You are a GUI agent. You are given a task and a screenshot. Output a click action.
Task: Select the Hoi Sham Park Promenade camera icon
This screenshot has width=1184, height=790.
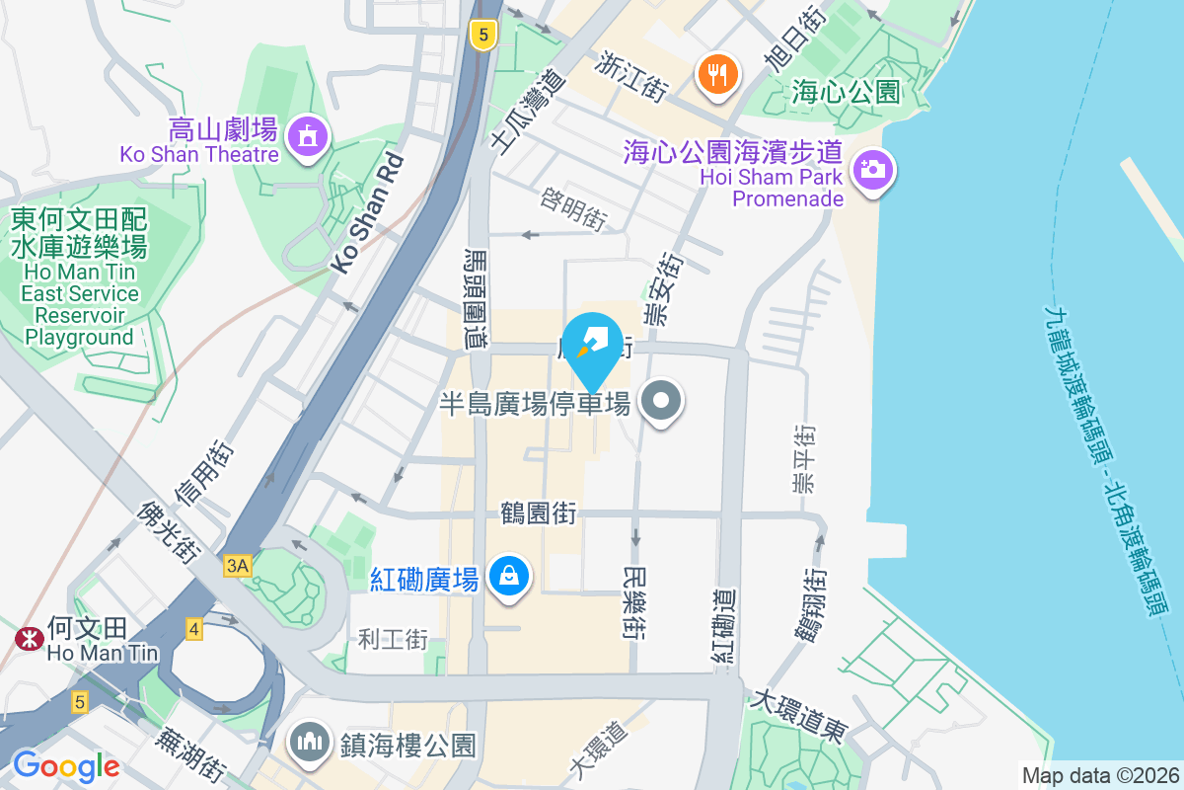pyautogui.click(x=870, y=170)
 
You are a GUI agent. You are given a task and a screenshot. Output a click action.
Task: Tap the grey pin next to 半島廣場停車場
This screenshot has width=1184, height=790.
pyautogui.click(x=662, y=401)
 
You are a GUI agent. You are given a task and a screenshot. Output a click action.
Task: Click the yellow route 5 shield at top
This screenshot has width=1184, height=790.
pyautogui.click(x=481, y=36)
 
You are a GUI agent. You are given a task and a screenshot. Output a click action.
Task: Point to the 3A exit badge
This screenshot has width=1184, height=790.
pyautogui.click(x=238, y=565)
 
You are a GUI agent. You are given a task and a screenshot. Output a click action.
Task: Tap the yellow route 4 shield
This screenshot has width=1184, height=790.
pyautogui.click(x=193, y=628)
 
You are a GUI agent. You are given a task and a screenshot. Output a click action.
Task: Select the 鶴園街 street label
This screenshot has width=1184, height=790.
pyautogui.click(x=538, y=513)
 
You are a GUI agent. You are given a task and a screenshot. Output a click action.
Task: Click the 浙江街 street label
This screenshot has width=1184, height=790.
pyautogui.click(x=632, y=75)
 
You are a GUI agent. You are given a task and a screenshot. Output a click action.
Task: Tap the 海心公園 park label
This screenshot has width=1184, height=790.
pyautogui.click(x=847, y=93)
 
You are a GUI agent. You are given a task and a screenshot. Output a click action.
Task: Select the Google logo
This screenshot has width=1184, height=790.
pyautogui.click(x=66, y=766)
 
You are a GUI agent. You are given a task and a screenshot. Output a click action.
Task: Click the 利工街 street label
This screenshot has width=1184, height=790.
pyautogui.click(x=393, y=639)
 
